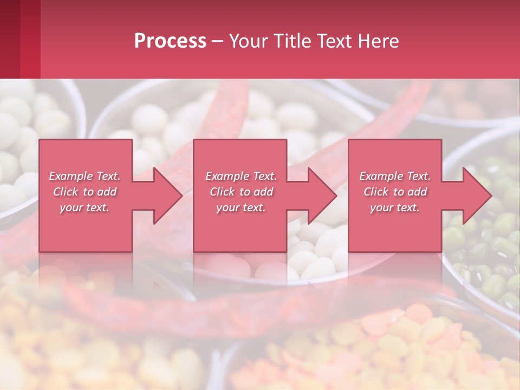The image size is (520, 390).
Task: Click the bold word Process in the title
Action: click(170, 41)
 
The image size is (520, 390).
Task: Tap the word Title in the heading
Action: click(291, 41)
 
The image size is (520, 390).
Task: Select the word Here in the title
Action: click(379, 41)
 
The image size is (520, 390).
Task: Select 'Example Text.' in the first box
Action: click(84, 176)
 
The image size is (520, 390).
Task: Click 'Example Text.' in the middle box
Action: click(241, 176)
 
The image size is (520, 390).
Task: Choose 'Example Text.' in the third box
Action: click(395, 176)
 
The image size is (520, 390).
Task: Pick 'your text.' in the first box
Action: click(84, 207)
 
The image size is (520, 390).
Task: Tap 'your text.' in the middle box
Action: click(241, 207)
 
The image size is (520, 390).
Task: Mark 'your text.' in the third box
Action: click(395, 207)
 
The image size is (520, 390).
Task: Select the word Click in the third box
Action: click(376, 192)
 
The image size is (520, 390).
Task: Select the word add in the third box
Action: click(417, 192)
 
